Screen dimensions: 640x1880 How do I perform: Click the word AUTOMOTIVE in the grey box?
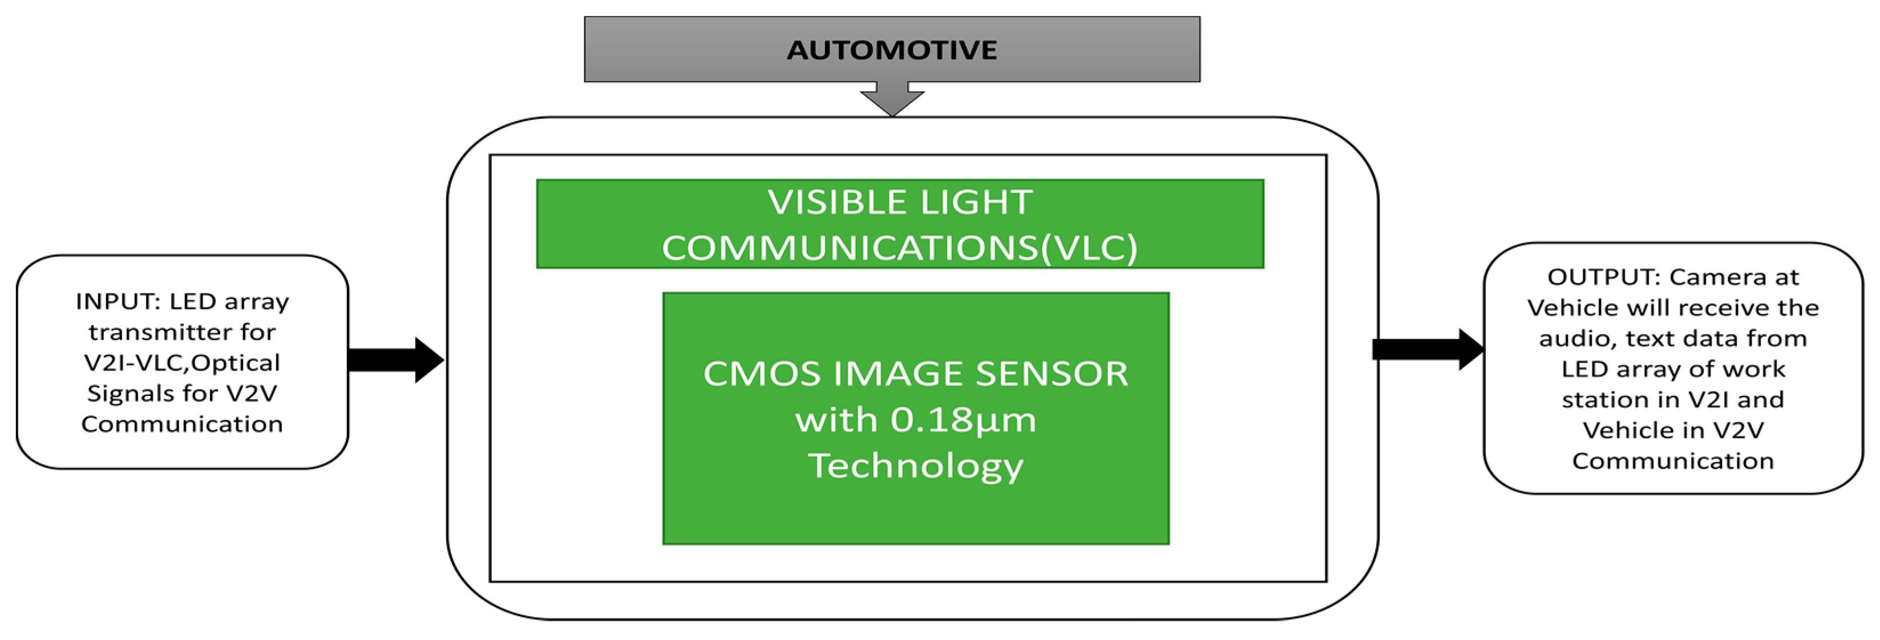(892, 50)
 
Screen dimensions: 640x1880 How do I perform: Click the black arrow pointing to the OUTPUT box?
(1427, 350)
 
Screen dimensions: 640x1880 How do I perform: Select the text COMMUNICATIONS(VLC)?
(899, 248)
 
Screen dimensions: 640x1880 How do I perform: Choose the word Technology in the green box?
(916, 465)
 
